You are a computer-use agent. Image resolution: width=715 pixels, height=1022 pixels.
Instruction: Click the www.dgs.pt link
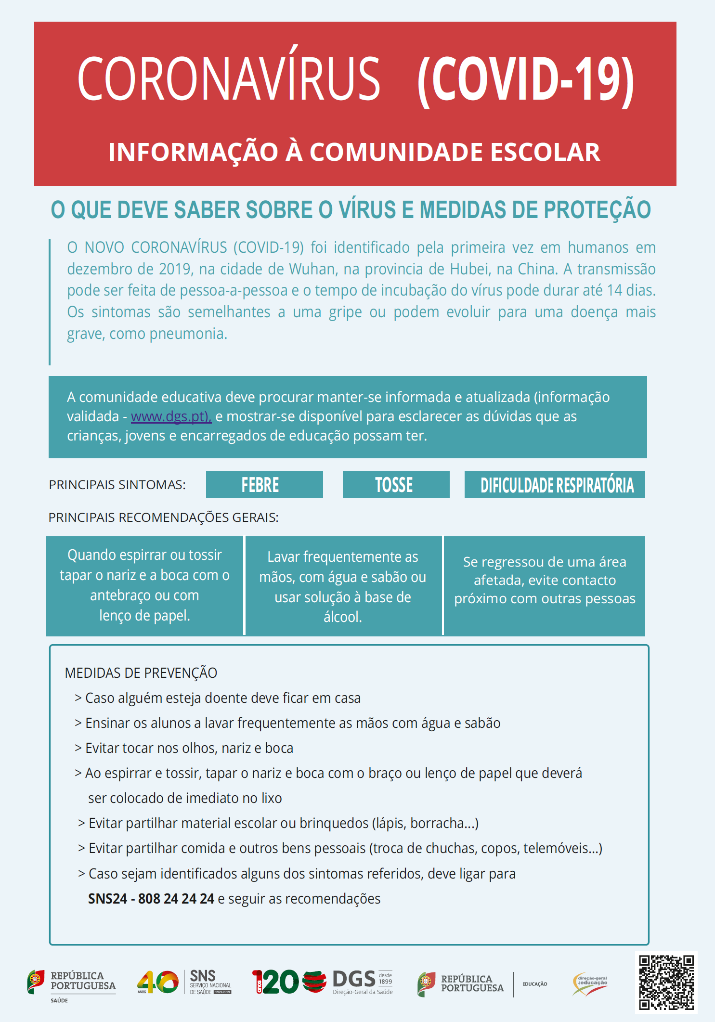pos(170,416)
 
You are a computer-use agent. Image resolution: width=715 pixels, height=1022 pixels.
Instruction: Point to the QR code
pos(666,982)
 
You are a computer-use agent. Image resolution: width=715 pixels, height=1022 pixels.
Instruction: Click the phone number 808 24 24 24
pos(176,899)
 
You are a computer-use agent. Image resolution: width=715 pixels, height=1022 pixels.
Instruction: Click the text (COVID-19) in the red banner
pos(525,79)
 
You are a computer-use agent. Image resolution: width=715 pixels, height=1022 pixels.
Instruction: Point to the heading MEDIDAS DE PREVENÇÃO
pos(141,673)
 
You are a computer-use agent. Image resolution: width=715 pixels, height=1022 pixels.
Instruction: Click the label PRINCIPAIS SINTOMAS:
pos(117,485)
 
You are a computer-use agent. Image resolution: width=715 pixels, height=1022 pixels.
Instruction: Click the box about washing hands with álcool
pos(343,586)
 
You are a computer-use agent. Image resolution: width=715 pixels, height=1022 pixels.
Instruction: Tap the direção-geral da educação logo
pos(590,983)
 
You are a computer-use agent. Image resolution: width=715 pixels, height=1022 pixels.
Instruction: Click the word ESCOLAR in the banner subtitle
pos(545,152)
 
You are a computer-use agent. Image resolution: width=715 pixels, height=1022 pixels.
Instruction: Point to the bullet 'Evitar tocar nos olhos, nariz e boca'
pos(189,748)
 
